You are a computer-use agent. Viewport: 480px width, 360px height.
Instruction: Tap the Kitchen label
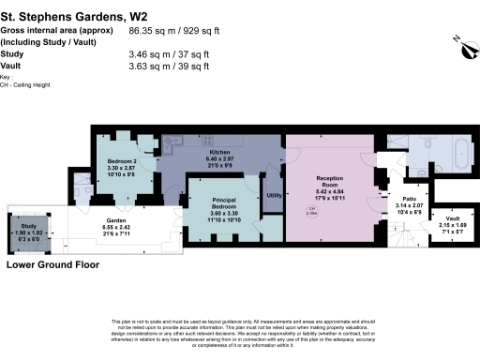coord(219,151)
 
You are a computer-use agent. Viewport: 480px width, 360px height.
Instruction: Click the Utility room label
coord(275,195)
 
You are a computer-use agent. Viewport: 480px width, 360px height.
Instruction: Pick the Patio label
coord(410,199)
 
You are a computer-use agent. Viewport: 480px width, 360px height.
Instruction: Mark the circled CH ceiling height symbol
coord(312,211)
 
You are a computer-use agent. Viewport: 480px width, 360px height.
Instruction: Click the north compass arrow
coord(456,39)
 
